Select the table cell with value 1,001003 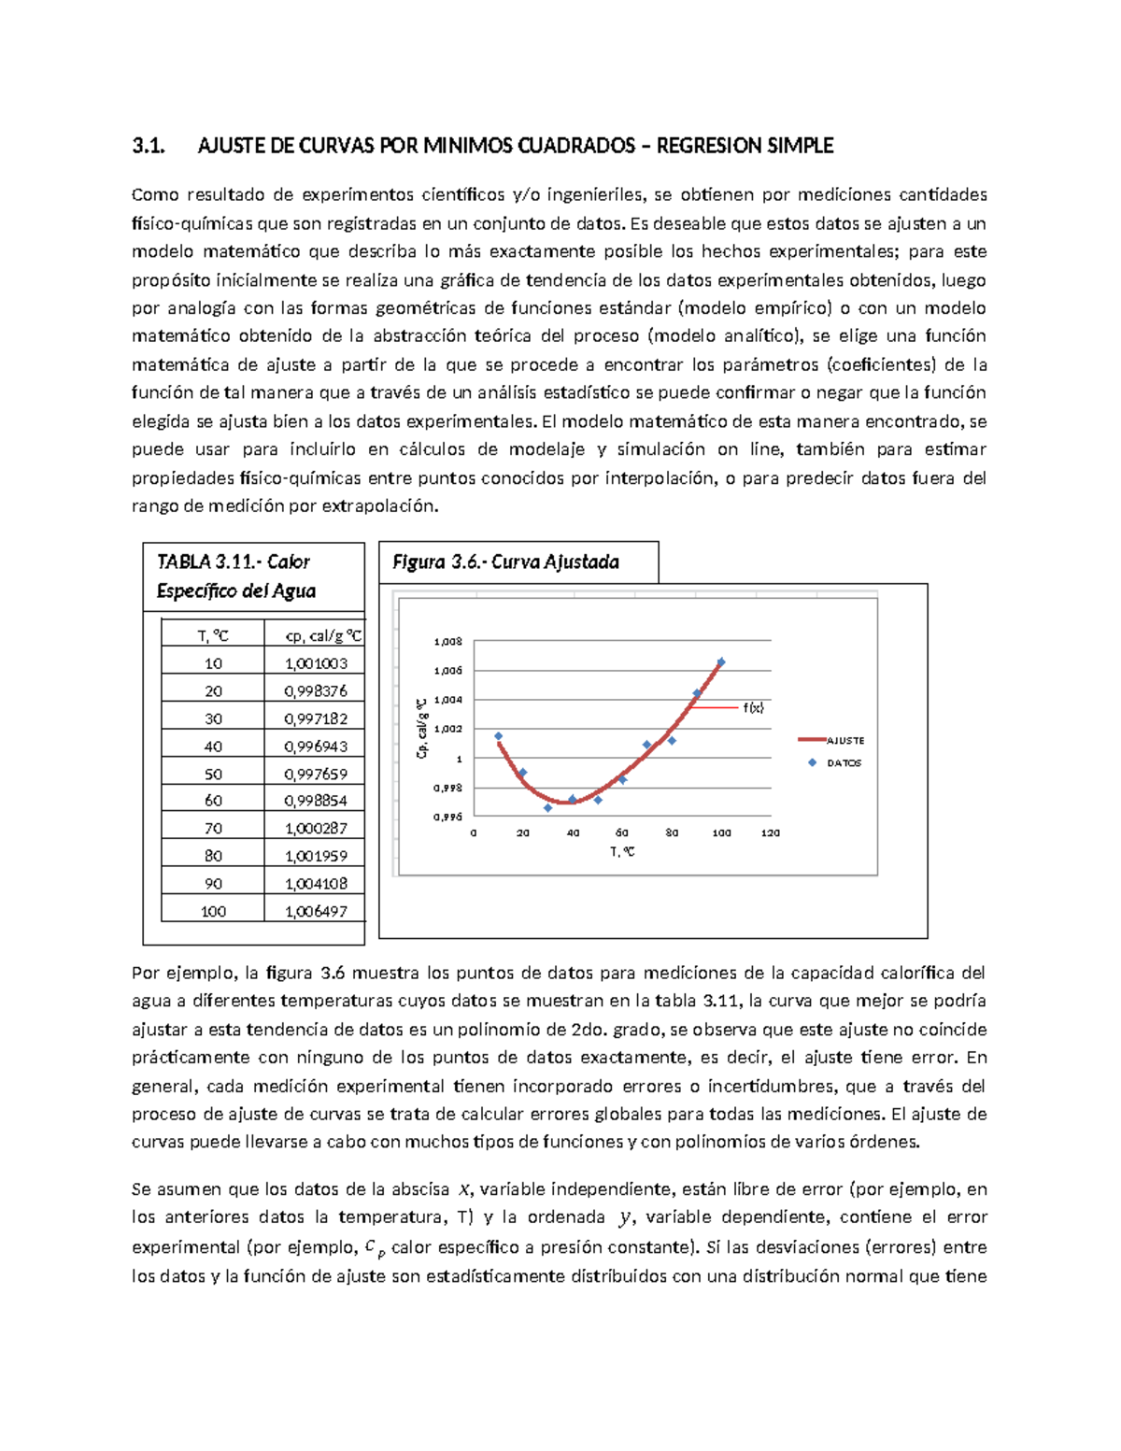click(x=316, y=663)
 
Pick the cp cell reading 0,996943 click(x=316, y=747)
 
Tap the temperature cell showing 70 click(x=213, y=829)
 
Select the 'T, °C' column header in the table click(x=213, y=636)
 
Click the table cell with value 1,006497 click(x=316, y=911)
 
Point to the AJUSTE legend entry click(x=844, y=741)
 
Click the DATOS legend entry click(x=844, y=763)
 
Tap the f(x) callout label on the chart click(x=753, y=708)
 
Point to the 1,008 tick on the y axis click(x=447, y=642)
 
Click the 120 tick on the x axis click(x=771, y=832)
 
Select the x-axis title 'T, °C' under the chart click(x=622, y=851)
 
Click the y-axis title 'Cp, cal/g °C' click(x=422, y=727)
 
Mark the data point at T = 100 click(x=721, y=662)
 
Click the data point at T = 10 click(x=498, y=736)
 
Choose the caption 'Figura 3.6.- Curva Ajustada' click(x=505, y=562)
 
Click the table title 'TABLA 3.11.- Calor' click(x=234, y=562)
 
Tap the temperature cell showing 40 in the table click(x=213, y=747)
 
